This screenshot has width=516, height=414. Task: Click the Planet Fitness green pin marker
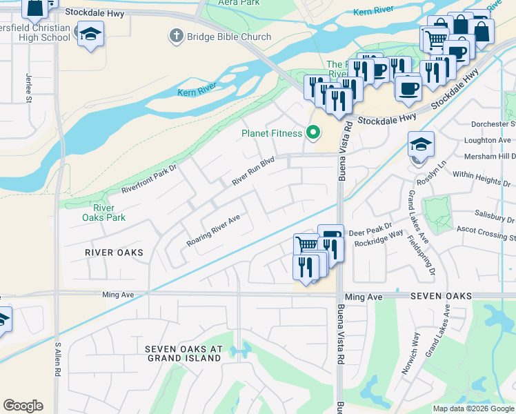point(314,131)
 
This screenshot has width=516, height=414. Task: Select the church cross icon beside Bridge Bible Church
point(177,35)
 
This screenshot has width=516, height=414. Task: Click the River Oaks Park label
point(103,213)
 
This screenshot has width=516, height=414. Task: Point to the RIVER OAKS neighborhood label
point(114,253)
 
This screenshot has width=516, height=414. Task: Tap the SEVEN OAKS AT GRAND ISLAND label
point(183,354)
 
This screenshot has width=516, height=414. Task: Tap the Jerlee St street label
point(29,88)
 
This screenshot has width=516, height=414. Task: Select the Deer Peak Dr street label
point(370,225)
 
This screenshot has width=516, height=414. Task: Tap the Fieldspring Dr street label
point(421,253)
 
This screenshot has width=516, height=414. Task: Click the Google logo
point(23,406)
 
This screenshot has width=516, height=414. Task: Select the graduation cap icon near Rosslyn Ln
point(421,145)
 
